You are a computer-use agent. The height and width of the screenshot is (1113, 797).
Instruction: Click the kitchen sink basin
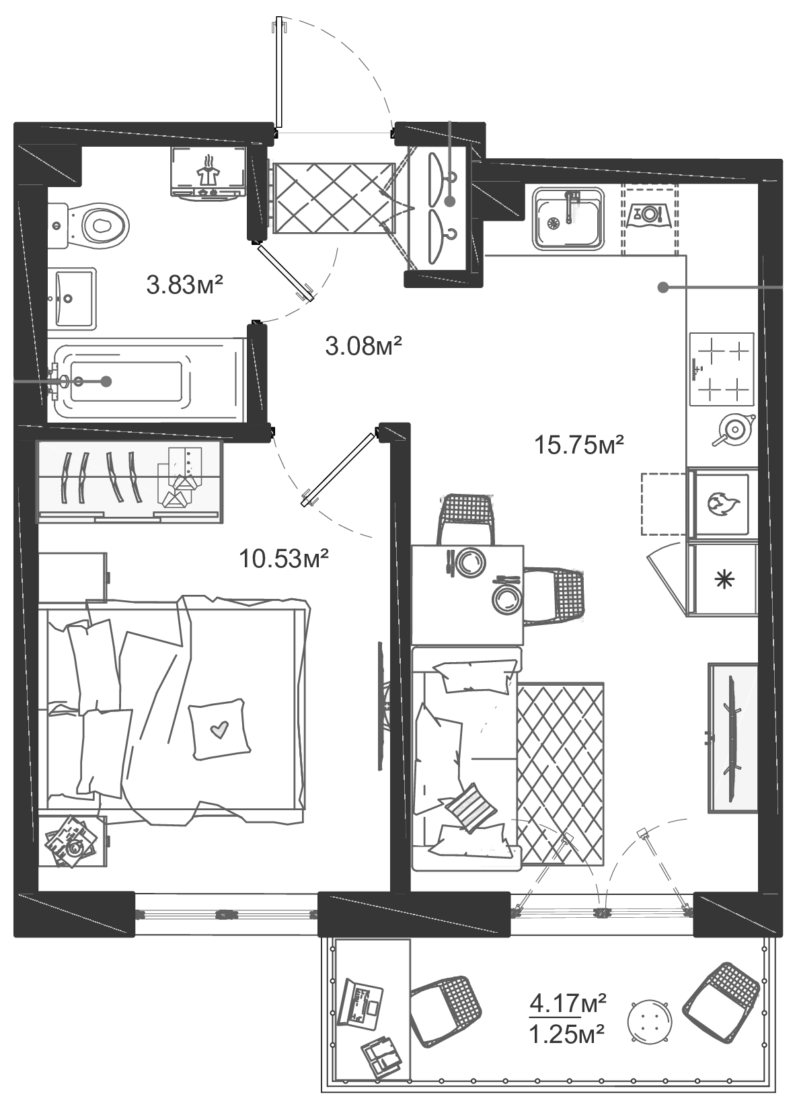pos(568,219)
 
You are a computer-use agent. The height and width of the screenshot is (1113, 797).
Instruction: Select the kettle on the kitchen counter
pos(734,428)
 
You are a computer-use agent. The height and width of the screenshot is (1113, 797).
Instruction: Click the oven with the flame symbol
pos(722,504)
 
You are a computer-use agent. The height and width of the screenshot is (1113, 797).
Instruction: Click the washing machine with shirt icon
pos(208,172)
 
